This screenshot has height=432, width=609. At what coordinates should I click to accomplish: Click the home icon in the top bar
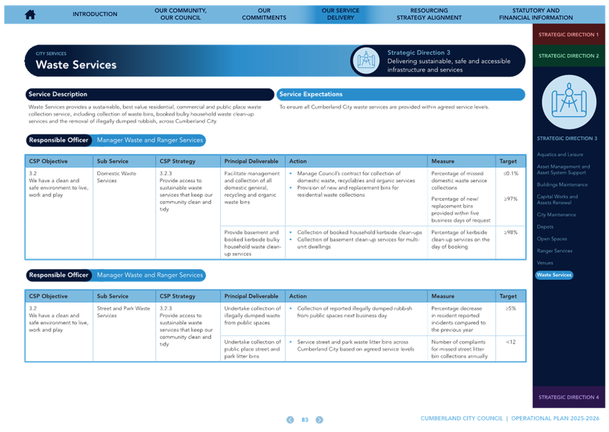(x=30, y=14)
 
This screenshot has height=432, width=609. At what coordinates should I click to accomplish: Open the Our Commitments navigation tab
(x=264, y=14)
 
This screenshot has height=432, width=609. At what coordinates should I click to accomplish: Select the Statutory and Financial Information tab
(x=536, y=14)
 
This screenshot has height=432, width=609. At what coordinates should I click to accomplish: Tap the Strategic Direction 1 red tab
(x=568, y=35)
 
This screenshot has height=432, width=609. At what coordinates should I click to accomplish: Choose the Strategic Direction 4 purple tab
(x=568, y=397)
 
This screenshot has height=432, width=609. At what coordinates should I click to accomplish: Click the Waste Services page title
(x=76, y=65)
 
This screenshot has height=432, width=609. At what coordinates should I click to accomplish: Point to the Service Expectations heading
(x=310, y=94)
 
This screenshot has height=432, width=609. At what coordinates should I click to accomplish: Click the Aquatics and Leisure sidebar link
(x=560, y=154)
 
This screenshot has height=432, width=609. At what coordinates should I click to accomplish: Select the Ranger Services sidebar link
(x=554, y=251)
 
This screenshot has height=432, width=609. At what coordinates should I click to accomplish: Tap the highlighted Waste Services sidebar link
(x=554, y=275)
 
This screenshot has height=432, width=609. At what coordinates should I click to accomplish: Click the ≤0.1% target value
(x=511, y=173)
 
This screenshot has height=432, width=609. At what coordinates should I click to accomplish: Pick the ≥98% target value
(x=511, y=232)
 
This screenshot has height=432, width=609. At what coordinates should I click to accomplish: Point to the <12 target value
(x=511, y=342)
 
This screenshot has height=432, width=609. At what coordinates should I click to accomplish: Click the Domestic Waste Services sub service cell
(x=117, y=177)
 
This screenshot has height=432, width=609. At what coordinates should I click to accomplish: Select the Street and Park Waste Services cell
(x=123, y=312)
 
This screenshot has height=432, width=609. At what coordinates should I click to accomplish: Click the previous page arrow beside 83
(x=290, y=420)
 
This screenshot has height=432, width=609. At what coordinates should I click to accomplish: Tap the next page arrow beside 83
(x=320, y=420)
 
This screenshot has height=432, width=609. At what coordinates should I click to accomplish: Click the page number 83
(x=305, y=420)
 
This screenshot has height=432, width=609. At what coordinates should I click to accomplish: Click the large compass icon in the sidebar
(x=569, y=102)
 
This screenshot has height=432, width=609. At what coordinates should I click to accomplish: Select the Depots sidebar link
(x=545, y=226)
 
